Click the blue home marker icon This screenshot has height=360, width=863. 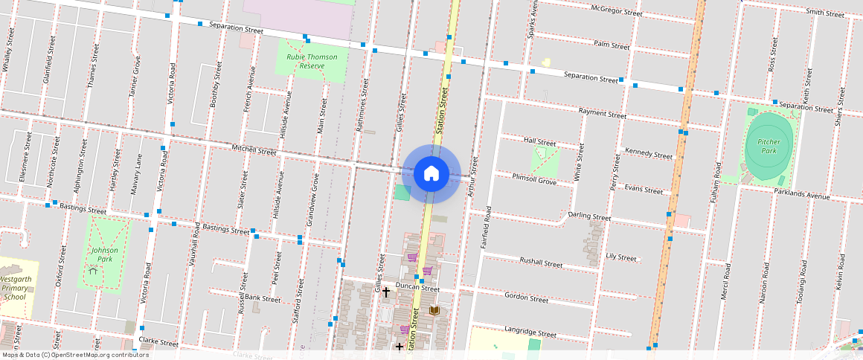431,174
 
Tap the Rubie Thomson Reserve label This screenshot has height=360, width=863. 312,61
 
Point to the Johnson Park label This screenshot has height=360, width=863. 104,254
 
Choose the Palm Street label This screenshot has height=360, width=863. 612,45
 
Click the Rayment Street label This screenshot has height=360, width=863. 602,114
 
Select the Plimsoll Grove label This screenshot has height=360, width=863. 534,179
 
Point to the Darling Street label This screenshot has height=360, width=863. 589,216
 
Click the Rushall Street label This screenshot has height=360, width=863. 541,262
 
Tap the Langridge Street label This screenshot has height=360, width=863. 530,332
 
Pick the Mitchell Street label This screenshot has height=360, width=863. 254,150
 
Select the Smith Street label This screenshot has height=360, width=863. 824,13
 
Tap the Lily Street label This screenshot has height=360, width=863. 621,257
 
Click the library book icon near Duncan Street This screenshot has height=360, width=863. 434,309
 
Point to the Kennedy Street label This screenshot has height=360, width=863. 649,153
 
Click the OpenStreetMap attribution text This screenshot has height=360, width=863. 74,355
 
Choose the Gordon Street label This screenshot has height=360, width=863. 526,298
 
